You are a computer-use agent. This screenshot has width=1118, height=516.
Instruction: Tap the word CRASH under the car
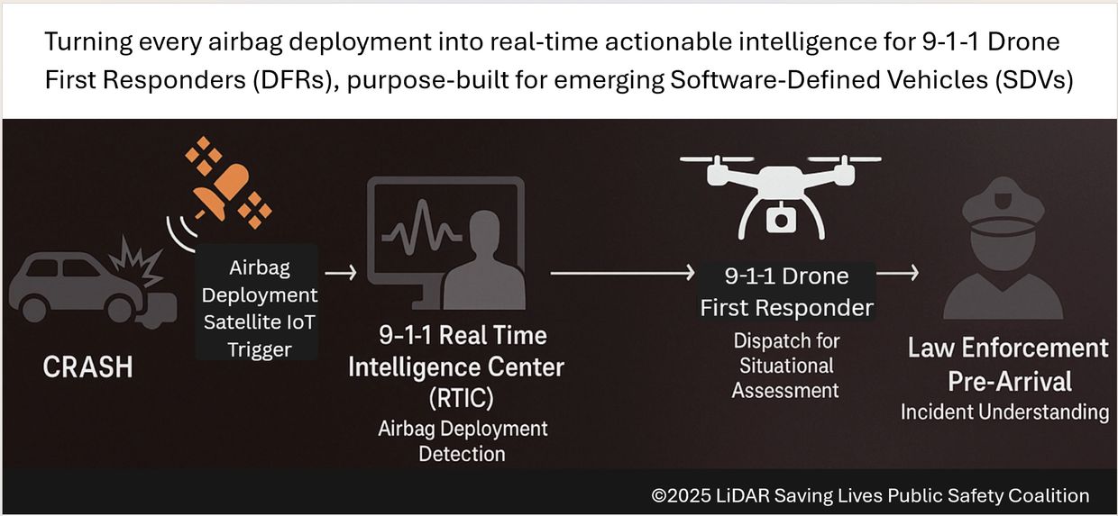87,367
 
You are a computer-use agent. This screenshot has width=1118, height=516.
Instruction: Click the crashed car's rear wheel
34,309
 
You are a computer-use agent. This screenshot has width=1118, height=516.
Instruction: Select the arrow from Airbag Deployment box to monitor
341,273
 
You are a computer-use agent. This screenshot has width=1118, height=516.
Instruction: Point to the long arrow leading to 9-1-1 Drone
622,273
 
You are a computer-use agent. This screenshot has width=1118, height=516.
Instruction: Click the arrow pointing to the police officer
897,273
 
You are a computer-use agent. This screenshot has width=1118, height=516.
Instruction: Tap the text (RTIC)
462,398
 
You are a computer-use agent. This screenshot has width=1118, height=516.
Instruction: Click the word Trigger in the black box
260,350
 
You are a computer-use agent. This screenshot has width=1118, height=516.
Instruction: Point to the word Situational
786,366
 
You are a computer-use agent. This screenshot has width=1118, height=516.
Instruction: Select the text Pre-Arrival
1009,382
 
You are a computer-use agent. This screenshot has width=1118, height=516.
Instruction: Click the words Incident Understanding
1004,412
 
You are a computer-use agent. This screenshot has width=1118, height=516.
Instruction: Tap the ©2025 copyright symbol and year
681,495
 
